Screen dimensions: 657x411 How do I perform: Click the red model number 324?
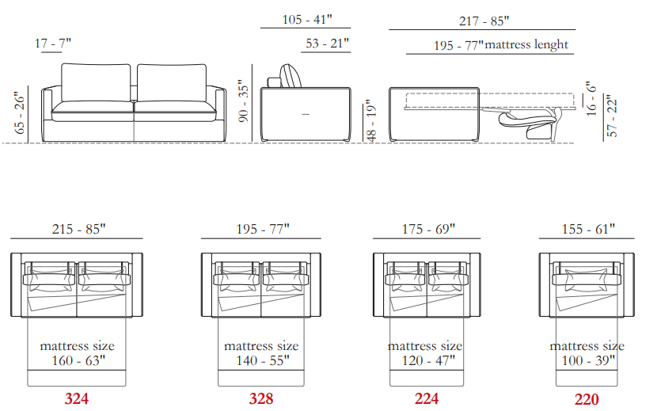pos(77,398)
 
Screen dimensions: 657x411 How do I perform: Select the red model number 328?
pos(261,398)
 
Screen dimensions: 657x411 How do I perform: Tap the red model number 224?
pos(427,398)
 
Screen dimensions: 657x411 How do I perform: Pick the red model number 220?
pos(587,399)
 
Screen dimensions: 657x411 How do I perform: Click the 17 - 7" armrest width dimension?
pos(53,44)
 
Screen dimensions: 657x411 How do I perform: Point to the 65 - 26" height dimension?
pos(20,113)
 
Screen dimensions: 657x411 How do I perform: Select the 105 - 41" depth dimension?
pos(307,19)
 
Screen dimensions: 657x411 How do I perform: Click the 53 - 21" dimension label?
pos(327,44)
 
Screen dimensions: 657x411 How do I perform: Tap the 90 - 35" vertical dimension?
pos(244,101)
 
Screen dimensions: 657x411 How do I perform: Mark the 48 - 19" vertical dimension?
pos(371,121)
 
